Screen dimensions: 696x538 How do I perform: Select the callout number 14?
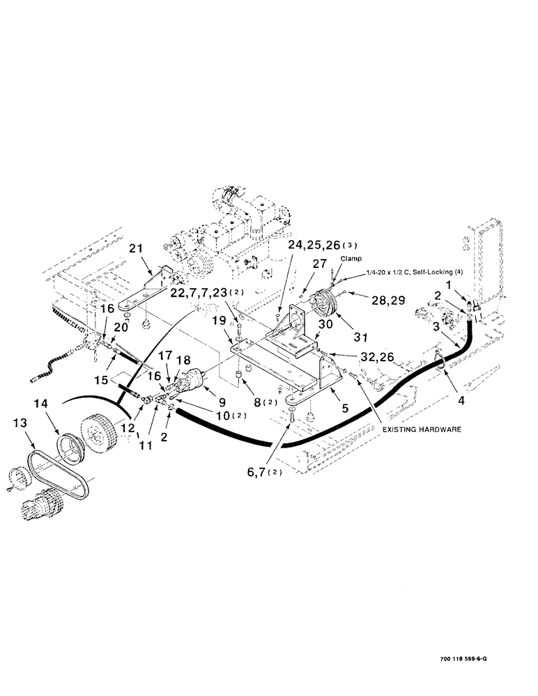(40, 404)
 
